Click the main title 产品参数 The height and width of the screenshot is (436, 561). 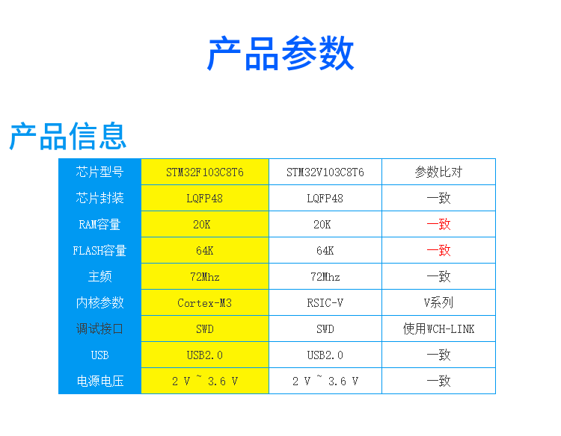click(x=280, y=53)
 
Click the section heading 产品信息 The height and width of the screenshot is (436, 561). click(x=67, y=136)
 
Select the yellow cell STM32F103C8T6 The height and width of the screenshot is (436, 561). click(x=205, y=172)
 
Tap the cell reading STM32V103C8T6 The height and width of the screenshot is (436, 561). click(x=325, y=172)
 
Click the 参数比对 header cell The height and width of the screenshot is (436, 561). click(x=438, y=172)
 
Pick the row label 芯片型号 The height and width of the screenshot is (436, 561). click(x=99, y=172)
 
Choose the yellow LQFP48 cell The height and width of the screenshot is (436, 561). click(x=205, y=198)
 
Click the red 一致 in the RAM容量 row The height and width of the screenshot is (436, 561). click(x=438, y=224)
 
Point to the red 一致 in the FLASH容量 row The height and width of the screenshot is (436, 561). click(x=438, y=250)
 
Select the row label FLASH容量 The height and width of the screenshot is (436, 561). click(x=99, y=251)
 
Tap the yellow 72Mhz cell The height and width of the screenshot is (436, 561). click(x=205, y=276)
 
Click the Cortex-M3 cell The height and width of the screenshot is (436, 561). click(x=205, y=303)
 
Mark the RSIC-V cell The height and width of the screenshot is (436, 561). click(x=325, y=303)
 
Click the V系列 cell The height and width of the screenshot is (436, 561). click(x=438, y=303)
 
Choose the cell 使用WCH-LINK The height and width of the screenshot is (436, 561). click(x=438, y=329)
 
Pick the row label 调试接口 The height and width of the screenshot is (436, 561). click(x=99, y=329)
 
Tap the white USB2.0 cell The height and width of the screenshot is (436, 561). click(x=325, y=355)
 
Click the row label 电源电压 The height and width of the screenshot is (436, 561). click(x=99, y=381)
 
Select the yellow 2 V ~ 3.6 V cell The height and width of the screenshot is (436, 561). click(x=205, y=381)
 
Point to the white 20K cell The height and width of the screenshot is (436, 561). click(x=325, y=224)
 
